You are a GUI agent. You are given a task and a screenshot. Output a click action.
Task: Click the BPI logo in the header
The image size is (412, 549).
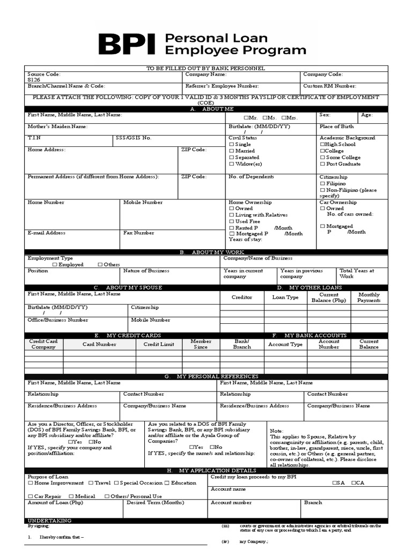point(127,44)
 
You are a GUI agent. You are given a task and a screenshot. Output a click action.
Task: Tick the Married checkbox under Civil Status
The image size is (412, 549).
point(232,151)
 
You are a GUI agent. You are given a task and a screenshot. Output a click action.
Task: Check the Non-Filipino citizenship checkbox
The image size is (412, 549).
point(322,190)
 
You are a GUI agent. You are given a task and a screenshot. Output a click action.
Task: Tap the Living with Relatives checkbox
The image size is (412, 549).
point(232,215)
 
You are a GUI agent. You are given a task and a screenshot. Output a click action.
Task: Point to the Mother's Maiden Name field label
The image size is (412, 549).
point(57,127)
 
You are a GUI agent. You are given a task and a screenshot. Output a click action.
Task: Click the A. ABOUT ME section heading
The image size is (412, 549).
point(205,109)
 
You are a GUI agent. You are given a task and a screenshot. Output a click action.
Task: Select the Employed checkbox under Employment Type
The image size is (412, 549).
point(55,265)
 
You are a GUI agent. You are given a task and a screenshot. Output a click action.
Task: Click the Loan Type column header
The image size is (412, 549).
point(285,297)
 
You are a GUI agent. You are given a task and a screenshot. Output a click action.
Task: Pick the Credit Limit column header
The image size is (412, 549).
point(159,344)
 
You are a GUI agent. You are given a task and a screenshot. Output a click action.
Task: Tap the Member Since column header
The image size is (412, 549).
point(201,344)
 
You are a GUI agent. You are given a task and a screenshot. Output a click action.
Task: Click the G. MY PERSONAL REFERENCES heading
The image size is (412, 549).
point(205,377)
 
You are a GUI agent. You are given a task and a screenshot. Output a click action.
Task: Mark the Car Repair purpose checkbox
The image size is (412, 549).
point(30,496)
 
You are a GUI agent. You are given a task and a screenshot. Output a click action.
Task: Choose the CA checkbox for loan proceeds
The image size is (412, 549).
point(354,483)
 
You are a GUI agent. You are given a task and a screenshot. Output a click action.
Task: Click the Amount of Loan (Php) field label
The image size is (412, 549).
point(55,503)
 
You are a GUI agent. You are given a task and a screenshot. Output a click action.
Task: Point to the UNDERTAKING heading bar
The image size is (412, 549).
point(49,521)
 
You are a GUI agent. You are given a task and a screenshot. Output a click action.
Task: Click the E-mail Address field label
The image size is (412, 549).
point(47,233)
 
